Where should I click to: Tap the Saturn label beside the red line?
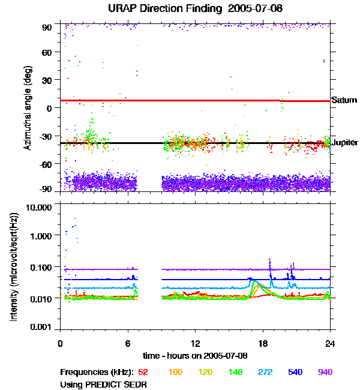(344, 100)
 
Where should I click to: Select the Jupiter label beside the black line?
(346, 143)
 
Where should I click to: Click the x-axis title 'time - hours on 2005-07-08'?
(196, 355)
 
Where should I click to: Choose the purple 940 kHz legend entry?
(325, 372)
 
